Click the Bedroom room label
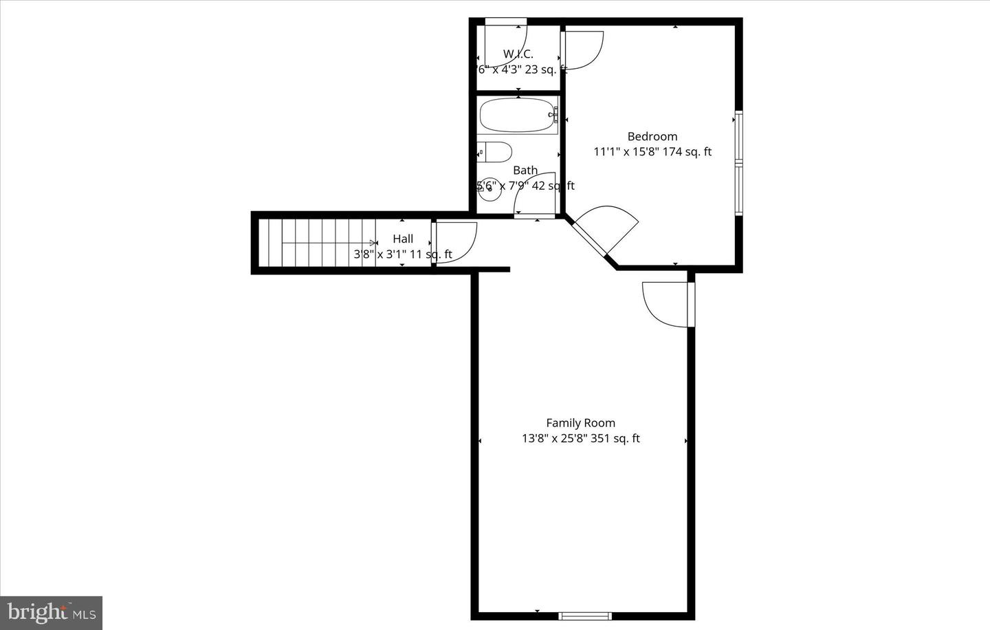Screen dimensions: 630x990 pyautogui.click(x=652, y=137)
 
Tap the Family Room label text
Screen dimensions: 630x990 pyautogui.click(x=580, y=423)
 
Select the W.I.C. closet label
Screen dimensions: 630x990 pyautogui.click(x=518, y=54)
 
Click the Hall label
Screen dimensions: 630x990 pyautogui.click(x=403, y=239)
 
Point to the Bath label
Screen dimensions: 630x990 pyautogui.click(x=525, y=170)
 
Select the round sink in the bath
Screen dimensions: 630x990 pyautogui.click(x=489, y=191)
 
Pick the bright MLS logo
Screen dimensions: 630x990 pyautogui.click(x=51, y=611)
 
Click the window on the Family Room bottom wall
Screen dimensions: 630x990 pyautogui.click(x=584, y=616)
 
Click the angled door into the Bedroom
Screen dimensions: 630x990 pyautogui.click(x=605, y=230)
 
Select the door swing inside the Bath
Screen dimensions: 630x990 pyautogui.click(x=535, y=195)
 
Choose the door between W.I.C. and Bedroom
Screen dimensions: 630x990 pyautogui.click(x=582, y=50)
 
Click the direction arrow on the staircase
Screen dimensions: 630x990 pyautogui.click(x=373, y=243)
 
